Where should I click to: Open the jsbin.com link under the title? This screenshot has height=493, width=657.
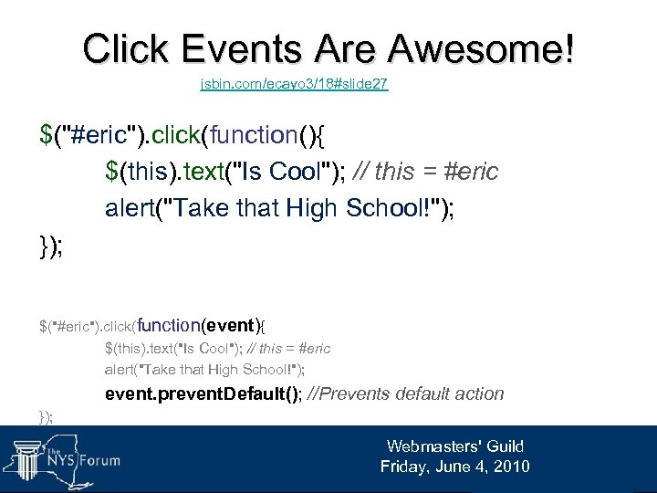pyautogui.click(x=294, y=84)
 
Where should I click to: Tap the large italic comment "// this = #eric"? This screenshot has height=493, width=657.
pyautogui.click(x=432, y=172)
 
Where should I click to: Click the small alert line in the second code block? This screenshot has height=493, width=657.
pyautogui.click(x=204, y=370)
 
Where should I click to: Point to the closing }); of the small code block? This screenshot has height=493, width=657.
pyautogui.click(x=46, y=416)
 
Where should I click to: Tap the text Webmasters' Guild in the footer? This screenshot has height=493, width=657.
pyautogui.click(x=454, y=446)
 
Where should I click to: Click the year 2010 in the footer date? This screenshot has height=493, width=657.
pyautogui.click(x=510, y=467)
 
